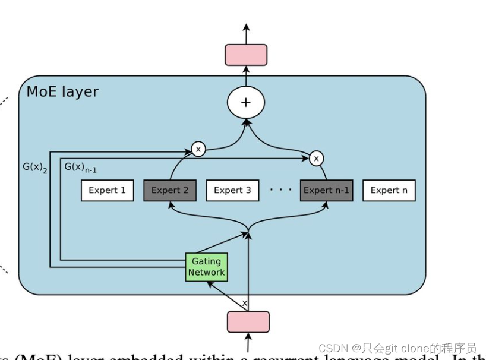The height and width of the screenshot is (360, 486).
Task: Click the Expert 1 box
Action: click(x=107, y=191)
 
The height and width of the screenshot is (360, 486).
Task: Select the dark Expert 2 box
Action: click(x=170, y=191)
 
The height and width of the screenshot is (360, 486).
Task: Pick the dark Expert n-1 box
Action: click(x=326, y=191)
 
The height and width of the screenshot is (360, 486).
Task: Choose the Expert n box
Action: click(x=389, y=191)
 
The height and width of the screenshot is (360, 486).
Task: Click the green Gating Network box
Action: click(x=206, y=267)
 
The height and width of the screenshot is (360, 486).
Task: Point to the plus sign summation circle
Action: click(x=245, y=102)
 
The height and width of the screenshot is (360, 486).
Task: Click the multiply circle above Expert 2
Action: click(x=198, y=149)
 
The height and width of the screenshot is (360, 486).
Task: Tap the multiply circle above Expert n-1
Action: click(x=317, y=158)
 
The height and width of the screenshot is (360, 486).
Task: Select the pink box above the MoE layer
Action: click(x=245, y=55)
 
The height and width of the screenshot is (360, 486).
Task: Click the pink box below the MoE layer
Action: click(x=248, y=322)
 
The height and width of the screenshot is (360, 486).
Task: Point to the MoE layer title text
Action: click(x=62, y=92)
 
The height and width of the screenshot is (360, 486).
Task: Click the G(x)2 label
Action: click(x=35, y=168)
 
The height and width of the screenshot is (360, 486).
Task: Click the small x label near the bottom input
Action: click(x=244, y=304)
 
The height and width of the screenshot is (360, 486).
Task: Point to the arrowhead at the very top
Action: click(x=246, y=27)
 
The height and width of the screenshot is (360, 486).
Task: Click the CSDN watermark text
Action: click(x=397, y=348)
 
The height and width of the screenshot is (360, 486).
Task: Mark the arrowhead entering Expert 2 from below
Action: click(x=171, y=205)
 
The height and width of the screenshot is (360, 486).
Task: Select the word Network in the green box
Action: click(x=206, y=273)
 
